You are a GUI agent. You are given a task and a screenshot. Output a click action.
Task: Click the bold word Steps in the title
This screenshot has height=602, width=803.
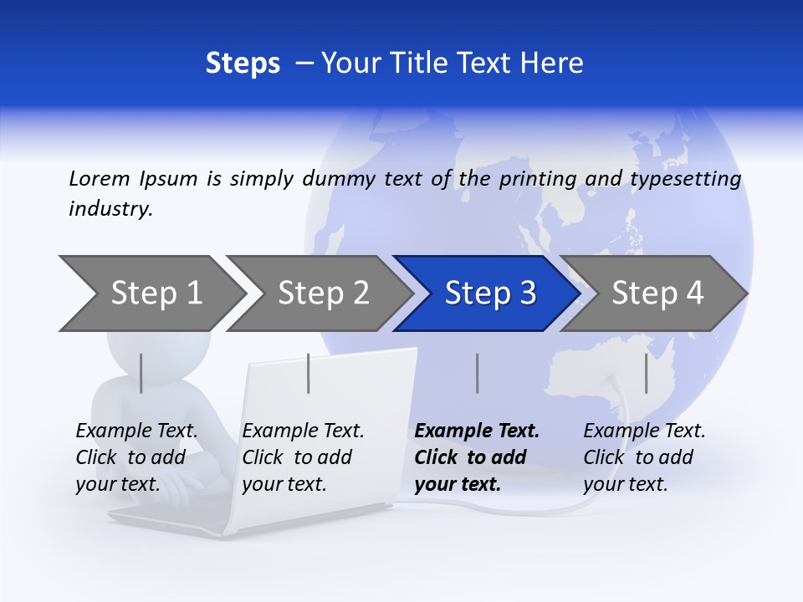click(x=243, y=64)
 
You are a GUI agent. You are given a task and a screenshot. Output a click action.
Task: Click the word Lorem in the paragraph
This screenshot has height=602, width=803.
click(x=100, y=178)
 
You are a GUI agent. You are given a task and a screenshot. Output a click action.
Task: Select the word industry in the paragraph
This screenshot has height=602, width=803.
click(x=110, y=209)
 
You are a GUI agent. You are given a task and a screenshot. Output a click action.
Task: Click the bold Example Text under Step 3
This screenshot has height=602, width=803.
click(x=477, y=431)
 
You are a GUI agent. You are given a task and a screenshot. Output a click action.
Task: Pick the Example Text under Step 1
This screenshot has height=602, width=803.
click(x=136, y=431)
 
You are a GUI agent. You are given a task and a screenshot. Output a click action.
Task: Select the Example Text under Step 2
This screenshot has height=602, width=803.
click(x=303, y=431)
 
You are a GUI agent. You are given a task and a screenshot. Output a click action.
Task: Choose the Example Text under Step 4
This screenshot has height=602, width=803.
click(x=644, y=431)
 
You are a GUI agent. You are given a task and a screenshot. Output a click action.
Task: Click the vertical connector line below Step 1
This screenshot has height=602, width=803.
click(x=141, y=373)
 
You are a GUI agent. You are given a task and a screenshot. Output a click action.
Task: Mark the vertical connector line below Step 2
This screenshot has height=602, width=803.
click(x=309, y=373)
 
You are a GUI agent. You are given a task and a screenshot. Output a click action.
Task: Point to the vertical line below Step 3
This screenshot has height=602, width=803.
click(x=478, y=373)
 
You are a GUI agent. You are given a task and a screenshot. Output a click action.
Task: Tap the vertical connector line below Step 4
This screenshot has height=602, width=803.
click(x=647, y=373)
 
